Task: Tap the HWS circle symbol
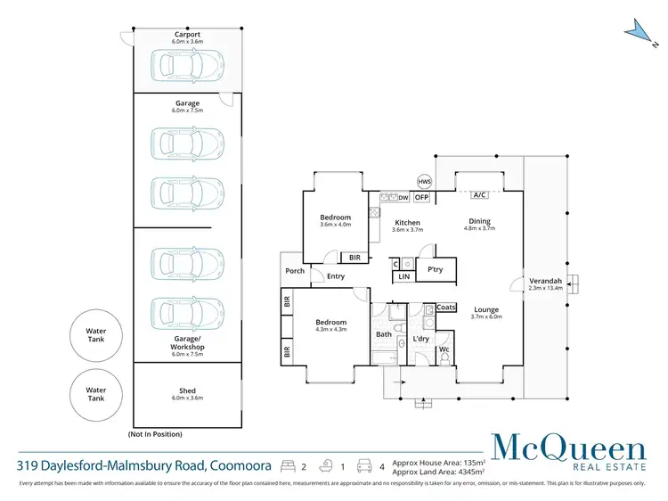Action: coord(424,181)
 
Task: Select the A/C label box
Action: coord(479,195)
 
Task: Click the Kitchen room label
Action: coord(407,223)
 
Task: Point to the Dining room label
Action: coord(480,222)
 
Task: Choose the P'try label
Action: coord(436,269)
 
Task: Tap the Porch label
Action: coord(295,271)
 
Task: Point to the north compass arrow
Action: coord(636,29)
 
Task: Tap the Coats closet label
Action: coord(446,308)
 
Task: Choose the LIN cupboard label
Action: coord(403,277)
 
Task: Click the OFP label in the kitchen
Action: coord(422,197)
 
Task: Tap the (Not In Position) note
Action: coord(155,433)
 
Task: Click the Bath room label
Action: coord(384,335)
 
